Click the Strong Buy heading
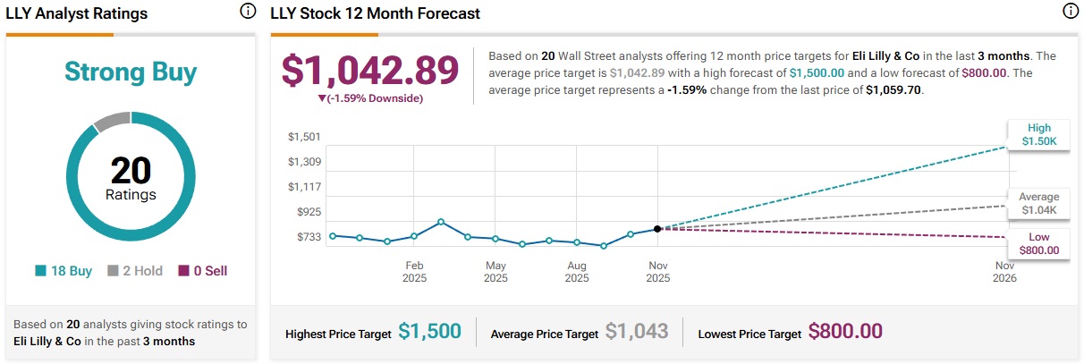(131, 72)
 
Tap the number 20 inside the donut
(131, 170)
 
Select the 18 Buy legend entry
(64, 271)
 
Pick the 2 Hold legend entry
(135, 271)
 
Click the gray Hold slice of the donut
(112, 122)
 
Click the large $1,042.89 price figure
(370, 71)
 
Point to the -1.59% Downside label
(370, 97)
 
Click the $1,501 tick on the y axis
(304, 137)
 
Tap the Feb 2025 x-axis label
(414, 271)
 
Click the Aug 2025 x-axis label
(577, 271)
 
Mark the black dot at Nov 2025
(657, 229)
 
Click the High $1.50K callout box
(1038, 134)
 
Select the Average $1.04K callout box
(1038, 204)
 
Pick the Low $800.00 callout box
(1038, 243)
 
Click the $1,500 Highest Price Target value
(430, 332)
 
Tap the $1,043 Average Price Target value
(637, 332)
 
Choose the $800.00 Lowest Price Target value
(845, 332)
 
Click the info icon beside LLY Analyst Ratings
(248, 12)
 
